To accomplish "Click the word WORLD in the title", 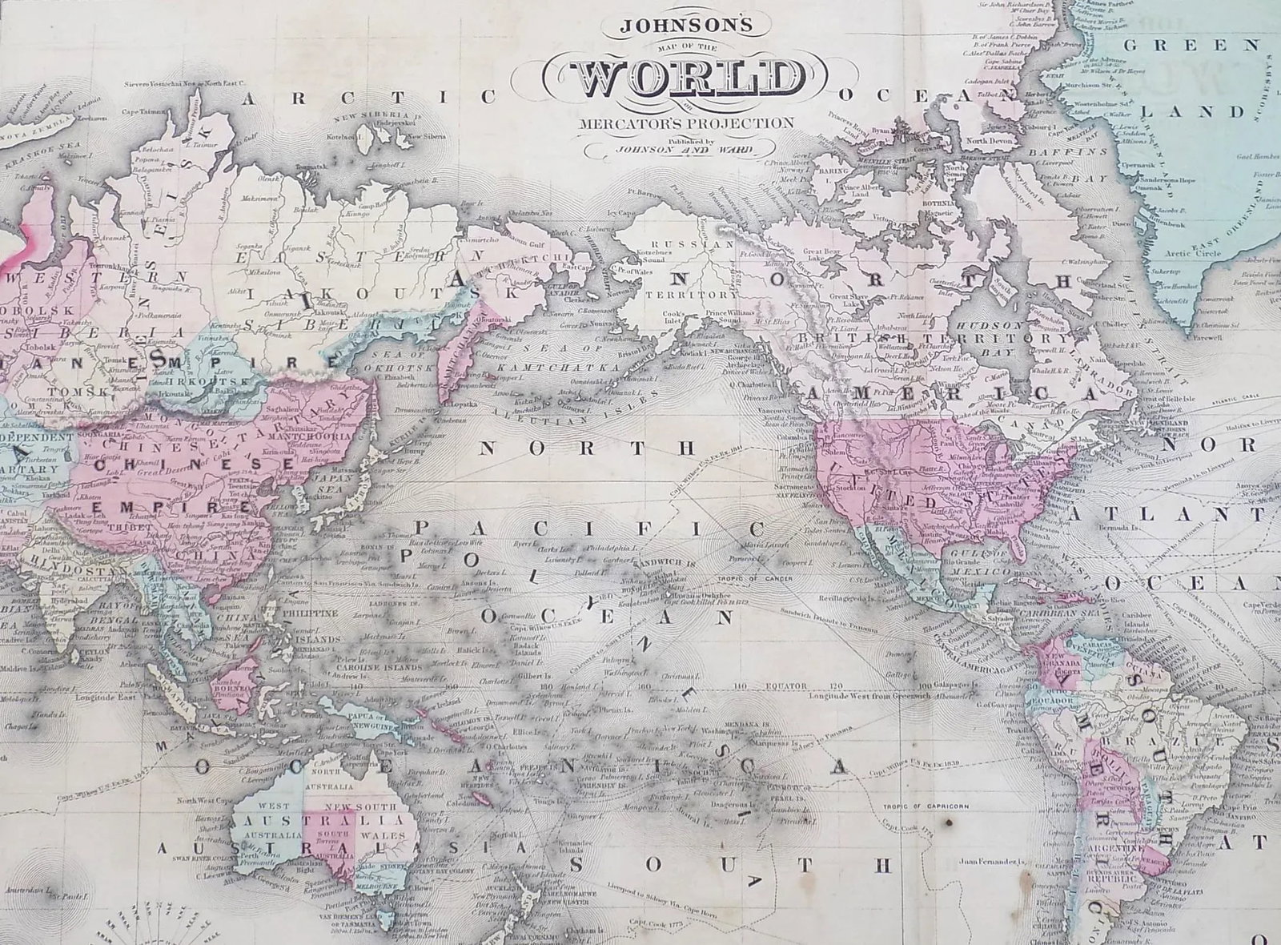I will pos(689,78).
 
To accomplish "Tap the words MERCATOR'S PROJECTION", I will pos(689,123).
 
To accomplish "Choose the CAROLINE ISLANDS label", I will pos(388,666).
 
